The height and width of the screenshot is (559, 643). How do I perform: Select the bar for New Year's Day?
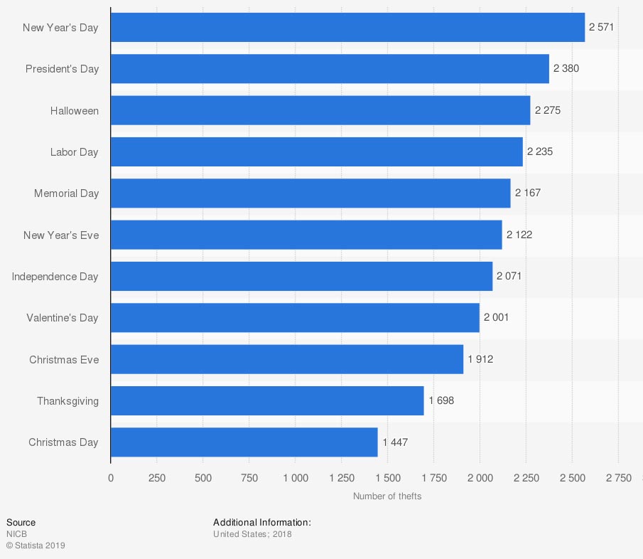coord(347,28)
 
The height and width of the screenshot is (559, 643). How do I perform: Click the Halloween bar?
coord(320,110)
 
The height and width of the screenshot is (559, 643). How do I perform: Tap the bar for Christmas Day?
coord(244,442)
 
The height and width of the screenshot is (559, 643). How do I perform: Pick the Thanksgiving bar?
coord(267,401)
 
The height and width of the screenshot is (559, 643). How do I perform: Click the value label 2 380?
coord(566,69)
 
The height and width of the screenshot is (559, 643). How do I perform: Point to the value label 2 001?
coord(496,318)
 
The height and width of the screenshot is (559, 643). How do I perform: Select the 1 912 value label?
coord(480,359)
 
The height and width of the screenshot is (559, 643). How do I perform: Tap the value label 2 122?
coord(519,235)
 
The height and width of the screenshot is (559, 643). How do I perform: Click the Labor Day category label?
coord(75,152)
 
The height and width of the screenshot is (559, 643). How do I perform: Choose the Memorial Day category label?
coord(67,193)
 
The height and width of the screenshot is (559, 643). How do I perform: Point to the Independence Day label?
coord(55,277)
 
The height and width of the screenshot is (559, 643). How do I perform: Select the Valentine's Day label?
coord(63,318)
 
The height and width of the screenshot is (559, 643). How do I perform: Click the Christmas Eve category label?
coord(64,360)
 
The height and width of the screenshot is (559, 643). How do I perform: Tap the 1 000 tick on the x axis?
coord(295,478)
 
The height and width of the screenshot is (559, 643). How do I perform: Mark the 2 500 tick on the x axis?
coord(572,478)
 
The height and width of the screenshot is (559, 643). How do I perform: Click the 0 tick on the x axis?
coord(111,478)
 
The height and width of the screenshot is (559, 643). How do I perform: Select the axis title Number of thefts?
coord(387,496)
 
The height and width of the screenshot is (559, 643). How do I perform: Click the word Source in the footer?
coord(21,523)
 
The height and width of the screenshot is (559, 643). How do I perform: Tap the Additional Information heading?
coord(262,523)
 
